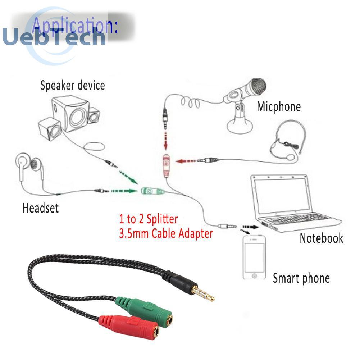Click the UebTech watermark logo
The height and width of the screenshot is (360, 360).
[54, 37]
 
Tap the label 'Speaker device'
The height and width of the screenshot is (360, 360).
[73, 85]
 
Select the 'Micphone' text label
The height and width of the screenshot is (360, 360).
[279, 106]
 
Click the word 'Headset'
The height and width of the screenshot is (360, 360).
[41, 208]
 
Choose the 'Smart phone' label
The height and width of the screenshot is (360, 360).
[301, 278]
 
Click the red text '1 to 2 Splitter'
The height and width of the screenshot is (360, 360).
[148, 219]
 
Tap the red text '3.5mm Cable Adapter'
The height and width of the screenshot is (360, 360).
[166, 233]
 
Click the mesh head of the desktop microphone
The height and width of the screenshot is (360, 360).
[258, 86]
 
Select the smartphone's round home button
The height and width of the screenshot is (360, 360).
[254, 276]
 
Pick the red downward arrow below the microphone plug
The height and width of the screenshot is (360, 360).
[165, 141]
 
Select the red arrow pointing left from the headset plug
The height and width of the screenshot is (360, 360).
[186, 161]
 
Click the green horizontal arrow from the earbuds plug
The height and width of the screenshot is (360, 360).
[124, 191]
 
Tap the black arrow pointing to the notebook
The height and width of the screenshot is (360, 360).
[250, 227]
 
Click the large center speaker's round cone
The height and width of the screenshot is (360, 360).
[78, 118]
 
